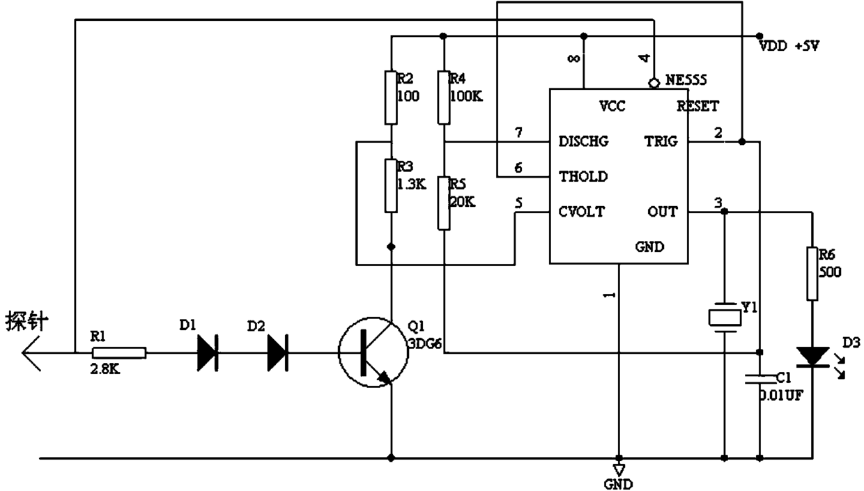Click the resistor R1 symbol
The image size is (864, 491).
119,353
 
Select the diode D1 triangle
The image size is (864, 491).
208,353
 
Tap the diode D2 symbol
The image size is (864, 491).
278,353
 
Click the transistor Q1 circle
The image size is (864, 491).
373,352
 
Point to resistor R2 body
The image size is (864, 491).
391,98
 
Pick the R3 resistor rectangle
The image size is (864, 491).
391,185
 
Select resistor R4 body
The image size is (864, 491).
444,98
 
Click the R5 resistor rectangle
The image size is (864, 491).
444,203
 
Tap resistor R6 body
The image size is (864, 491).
812,274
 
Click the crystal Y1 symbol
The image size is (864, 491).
725,318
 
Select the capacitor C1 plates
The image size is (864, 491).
760,379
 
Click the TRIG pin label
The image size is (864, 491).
661,141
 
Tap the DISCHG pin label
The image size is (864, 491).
584,141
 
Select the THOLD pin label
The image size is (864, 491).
583,176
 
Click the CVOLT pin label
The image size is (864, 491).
582,212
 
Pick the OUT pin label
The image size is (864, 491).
662,212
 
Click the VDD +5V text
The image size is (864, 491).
789,46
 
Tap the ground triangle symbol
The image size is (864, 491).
619,470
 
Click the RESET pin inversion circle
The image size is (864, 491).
654,83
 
